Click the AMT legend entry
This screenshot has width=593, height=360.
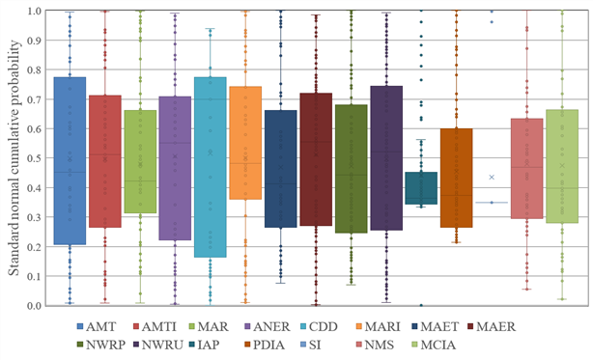[96, 326]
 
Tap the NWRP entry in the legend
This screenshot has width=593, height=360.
[101, 345]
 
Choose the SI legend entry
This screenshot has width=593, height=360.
[309, 345]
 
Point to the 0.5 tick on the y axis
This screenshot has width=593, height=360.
[34, 158]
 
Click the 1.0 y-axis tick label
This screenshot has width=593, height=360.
[34, 11]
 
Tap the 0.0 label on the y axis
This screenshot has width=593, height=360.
[34, 305]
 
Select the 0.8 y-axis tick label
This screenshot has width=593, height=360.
[34, 69]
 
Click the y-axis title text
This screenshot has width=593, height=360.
[14, 157]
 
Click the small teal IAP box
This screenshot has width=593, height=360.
[421, 188]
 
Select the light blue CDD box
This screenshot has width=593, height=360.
[211, 167]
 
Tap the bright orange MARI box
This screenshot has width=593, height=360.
[245, 143]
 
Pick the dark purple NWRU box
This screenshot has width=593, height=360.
[386, 158]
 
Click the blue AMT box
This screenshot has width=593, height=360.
[70, 160]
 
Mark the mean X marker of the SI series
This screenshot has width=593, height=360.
[492, 178]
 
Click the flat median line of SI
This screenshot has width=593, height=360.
[492, 203]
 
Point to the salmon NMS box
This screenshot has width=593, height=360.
[526, 169]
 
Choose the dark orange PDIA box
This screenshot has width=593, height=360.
[457, 178]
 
